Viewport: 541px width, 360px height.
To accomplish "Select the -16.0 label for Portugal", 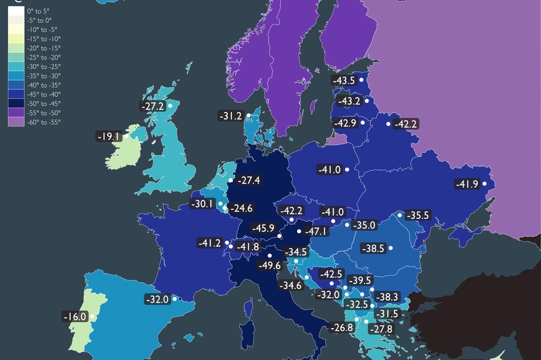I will coord(75,316).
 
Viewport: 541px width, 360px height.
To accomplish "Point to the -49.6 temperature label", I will coord(269,265).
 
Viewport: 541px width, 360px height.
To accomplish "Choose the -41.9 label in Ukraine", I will coord(467,184).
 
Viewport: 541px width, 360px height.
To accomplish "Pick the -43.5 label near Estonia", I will coord(344,81).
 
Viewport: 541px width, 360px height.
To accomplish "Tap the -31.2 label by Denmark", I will coord(232,116).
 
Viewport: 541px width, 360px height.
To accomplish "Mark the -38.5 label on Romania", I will coord(373,249).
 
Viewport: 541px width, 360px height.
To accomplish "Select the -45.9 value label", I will coord(263,229).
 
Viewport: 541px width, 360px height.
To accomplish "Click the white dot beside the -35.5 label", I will coord(400,215).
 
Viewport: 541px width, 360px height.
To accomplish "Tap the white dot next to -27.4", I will coord(230,180).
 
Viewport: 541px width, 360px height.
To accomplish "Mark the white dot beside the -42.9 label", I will coord(362,123).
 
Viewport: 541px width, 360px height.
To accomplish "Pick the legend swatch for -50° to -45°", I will coord(16,104).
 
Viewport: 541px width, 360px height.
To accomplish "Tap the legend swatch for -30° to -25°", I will coord(16,66).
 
